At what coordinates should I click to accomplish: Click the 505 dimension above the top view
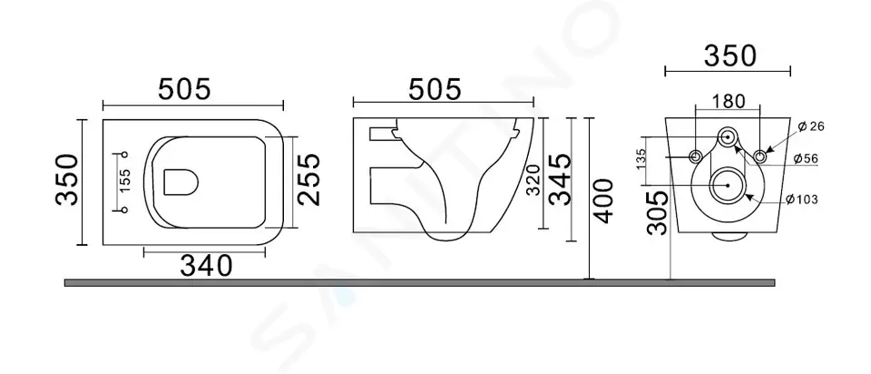point(185,88)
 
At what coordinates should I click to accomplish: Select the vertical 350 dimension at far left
point(64,181)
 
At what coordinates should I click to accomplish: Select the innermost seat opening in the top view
point(181,182)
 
